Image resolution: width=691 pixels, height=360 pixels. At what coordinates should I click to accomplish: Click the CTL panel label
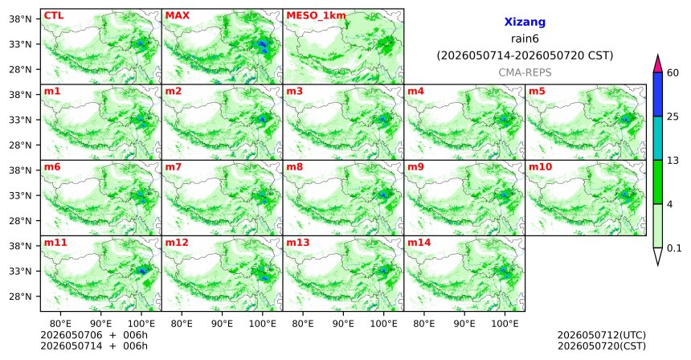pos(54,16)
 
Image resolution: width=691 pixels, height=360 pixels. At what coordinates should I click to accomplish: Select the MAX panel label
pos(177,16)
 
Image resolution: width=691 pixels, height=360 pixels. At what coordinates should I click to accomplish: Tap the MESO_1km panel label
pos(316,16)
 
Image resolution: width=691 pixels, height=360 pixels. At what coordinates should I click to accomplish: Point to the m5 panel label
pos(537,92)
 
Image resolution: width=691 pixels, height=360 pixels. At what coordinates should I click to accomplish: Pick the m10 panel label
pos(540,167)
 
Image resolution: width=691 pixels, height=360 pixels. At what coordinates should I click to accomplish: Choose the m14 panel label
pos(419,243)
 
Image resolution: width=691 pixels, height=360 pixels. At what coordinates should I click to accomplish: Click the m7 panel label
pos(174,167)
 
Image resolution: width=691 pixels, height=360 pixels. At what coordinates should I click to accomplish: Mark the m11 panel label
pos(55,243)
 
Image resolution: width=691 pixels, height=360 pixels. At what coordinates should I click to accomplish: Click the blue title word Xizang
pos(525,22)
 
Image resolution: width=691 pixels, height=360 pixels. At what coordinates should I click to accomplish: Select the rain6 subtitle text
pos(525,39)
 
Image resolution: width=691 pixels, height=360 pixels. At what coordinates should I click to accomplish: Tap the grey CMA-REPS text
pos(525,72)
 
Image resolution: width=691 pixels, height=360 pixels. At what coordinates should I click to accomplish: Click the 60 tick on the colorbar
pos(673,72)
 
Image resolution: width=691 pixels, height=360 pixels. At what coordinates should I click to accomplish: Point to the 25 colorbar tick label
pos(673,117)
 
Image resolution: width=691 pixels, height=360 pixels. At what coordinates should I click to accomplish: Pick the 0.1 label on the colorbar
pos(674,248)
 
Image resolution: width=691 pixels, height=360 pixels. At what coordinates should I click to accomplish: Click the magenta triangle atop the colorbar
pos(658,64)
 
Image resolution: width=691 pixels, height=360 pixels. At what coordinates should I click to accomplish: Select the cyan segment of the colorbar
pos(658,138)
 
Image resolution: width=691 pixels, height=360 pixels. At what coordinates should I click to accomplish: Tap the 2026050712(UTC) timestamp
pos(602,336)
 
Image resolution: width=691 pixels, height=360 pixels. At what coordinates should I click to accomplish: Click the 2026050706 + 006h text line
pos(94,335)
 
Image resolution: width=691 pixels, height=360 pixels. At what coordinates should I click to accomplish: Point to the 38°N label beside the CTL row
pos(21,19)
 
